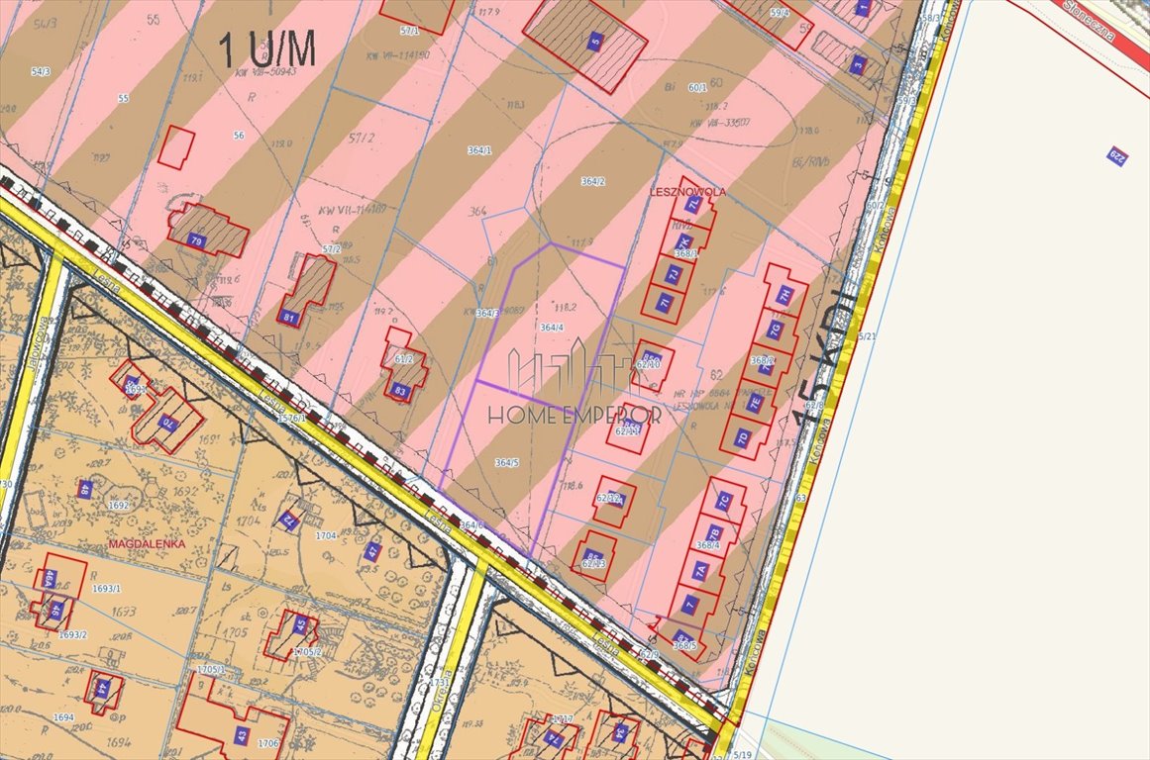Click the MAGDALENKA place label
point(145,544)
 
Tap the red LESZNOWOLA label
point(687,191)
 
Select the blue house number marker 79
point(196,239)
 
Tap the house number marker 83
point(400,392)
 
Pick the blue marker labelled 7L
point(693,204)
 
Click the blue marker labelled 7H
point(784,294)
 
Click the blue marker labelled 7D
point(741,436)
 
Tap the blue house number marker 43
point(242,735)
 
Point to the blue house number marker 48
point(86,488)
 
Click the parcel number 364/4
point(552,328)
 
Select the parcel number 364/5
point(507,462)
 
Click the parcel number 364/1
point(479,150)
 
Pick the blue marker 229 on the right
point(1116,155)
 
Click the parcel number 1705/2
point(308,653)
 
